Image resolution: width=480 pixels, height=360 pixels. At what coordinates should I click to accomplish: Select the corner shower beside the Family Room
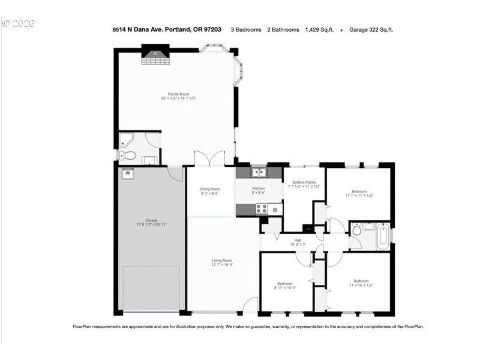[127, 141]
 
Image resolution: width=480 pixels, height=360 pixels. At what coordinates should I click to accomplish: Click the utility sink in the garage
[127, 173]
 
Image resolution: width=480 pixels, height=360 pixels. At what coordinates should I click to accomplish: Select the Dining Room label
[209, 189]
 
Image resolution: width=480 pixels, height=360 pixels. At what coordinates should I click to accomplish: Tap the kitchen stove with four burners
[262, 209]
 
